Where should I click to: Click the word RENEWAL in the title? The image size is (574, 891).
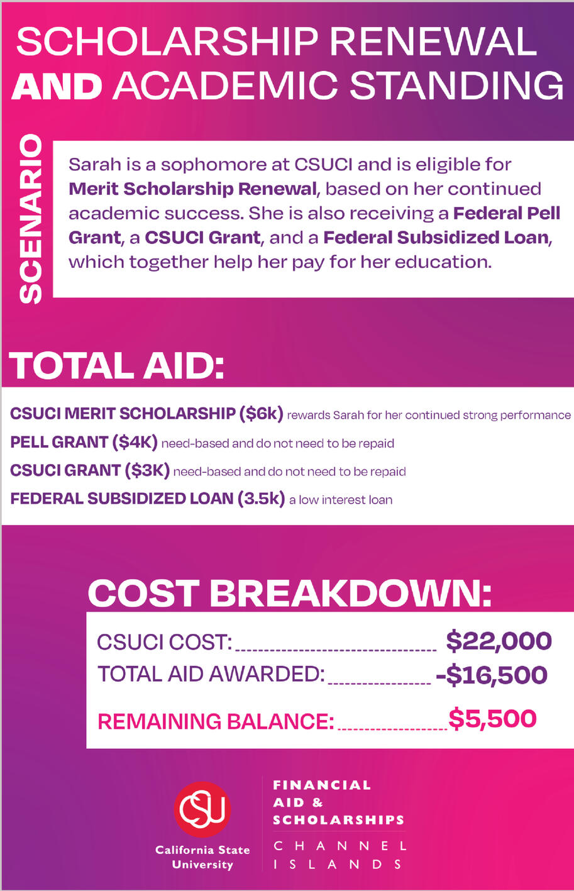pos(439,43)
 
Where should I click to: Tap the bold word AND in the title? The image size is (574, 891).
pos(57,86)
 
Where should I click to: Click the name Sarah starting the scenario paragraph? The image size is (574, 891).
pos(89,165)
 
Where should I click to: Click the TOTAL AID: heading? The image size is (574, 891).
pos(117,366)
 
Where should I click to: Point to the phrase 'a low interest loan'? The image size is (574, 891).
pos(341,500)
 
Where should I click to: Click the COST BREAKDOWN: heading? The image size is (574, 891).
pos(289,593)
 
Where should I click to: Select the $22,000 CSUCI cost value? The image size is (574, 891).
pos(499,641)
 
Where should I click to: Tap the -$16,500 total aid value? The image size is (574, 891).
pos(491,675)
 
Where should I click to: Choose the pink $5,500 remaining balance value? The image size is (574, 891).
pos(492,719)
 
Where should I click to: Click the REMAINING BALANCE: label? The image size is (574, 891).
pos(216,721)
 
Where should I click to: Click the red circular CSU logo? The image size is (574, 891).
pos(202,810)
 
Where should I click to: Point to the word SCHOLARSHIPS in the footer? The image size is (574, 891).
pos(338,820)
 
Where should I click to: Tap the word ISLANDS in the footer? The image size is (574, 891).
pos(338,864)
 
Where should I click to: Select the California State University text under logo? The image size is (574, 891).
pos(202,857)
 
